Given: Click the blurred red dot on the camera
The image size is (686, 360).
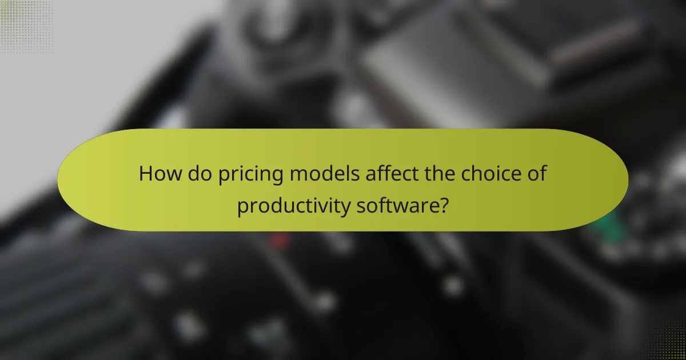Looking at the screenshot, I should click(x=280, y=241).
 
